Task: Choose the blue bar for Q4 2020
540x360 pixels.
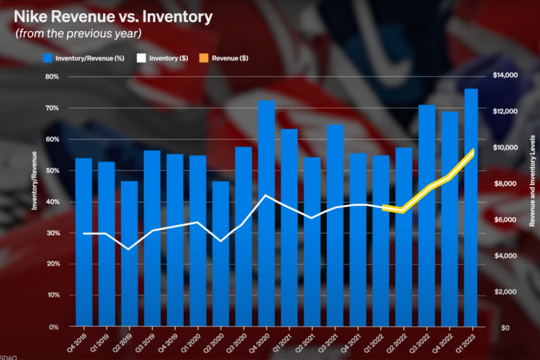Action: (x=266, y=213)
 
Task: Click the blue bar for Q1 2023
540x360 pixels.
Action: (x=471, y=208)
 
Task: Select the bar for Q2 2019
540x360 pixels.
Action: (x=129, y=254)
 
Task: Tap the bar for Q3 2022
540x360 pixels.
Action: (x=427, y=216)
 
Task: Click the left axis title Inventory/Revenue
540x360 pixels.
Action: (x=34, y=181)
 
